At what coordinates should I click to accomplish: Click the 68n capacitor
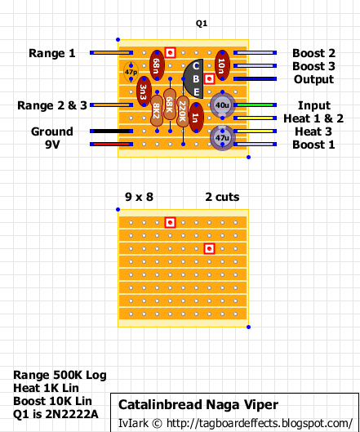point(157,65)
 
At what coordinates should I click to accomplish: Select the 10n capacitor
point(222,65)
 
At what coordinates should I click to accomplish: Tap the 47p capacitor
point(131,72)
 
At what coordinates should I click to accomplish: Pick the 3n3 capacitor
point(144,91)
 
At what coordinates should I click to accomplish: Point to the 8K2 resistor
point(157,111)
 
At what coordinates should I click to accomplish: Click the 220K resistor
point(183,112)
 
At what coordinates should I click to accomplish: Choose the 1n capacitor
point(196,118)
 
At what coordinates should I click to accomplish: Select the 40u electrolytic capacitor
point(222,105)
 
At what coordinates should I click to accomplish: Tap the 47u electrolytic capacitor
point(222,137)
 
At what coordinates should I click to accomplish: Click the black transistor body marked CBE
point(193,78)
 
